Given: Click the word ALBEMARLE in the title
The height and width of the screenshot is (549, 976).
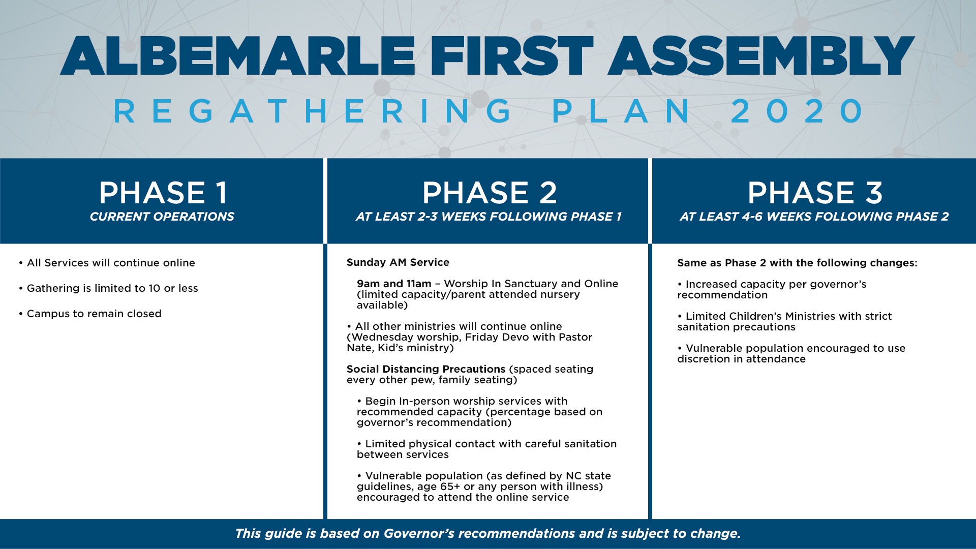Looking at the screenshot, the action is (x=238, y=56).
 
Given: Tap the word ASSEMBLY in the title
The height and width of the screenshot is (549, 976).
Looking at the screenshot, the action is (x=761, y=56).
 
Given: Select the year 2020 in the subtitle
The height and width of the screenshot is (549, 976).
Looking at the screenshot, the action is (x=797, y=111).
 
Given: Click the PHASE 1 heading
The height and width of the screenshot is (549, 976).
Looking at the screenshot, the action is (x=163, y=193).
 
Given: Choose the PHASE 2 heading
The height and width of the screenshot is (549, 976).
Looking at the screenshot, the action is (x=490, y=193).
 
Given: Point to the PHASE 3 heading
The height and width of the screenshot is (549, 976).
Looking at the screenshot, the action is (x=815, y=193).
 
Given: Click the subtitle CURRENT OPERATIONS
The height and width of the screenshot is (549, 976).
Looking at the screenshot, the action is (x=162, y=217).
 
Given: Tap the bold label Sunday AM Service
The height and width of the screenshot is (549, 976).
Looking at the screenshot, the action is (x=398, y=262).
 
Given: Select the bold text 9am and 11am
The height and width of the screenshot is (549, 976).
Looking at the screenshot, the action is (x=394, y=284).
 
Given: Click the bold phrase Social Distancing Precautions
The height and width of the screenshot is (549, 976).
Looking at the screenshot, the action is (x=426, y=369).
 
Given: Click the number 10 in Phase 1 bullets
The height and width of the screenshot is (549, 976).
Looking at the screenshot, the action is (x=155, y=288).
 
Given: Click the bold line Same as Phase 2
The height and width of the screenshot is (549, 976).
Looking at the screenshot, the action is (x=797, y=263).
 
